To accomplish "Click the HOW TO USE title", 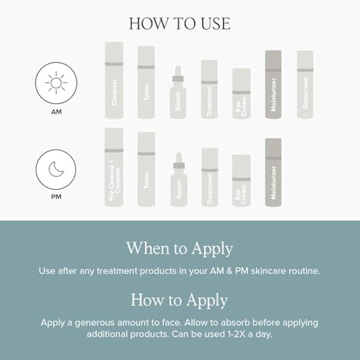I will coord(179,23).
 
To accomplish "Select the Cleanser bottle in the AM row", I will coord(114,81).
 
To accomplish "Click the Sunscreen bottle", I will coord(305,85).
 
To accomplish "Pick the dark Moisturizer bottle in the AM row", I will coord(273,85).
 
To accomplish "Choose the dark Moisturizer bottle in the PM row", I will coord(273,173).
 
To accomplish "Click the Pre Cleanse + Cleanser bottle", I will coord(114,168).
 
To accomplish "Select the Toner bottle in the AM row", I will coord(146,83).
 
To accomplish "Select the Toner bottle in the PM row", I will coord(146,170).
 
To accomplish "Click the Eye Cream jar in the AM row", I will coord(241,94).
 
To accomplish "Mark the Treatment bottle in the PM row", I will coord(209,178).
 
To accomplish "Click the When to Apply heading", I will coord(179,248).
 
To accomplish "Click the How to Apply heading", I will coord(179,299).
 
